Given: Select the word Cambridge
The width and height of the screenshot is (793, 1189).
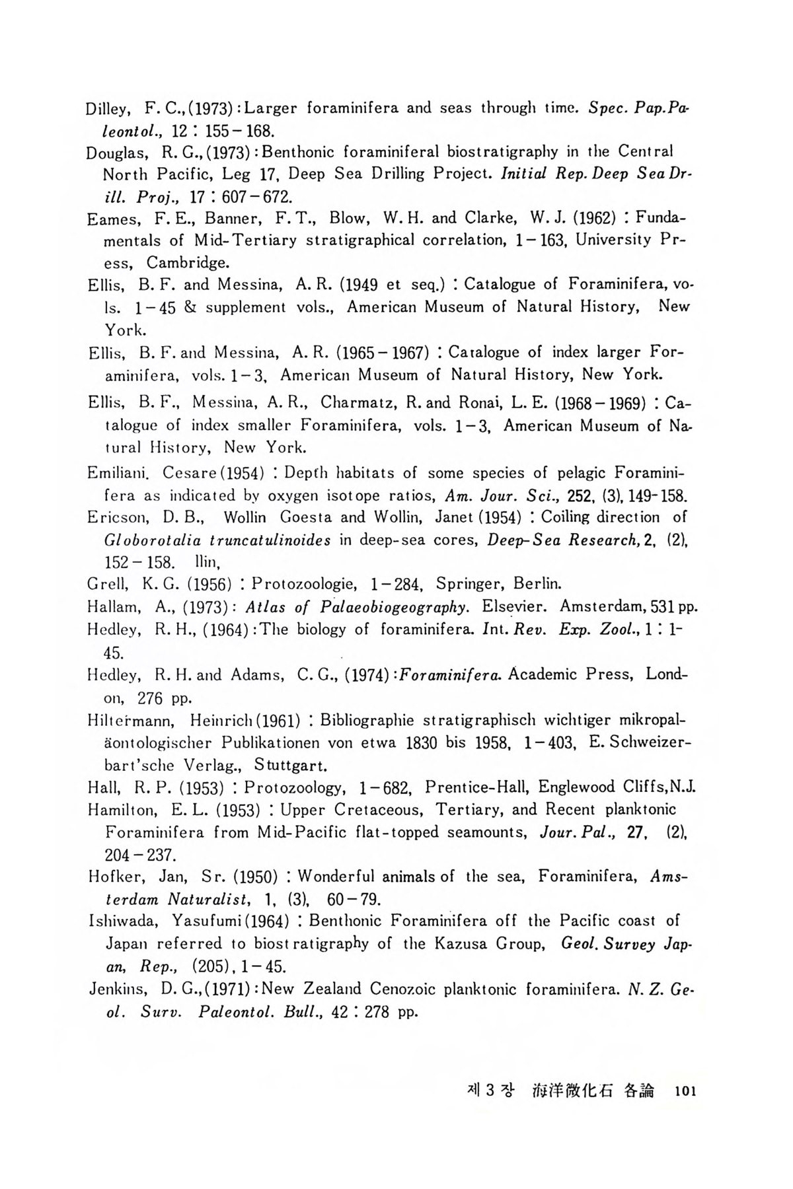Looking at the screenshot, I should coord(188,263).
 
